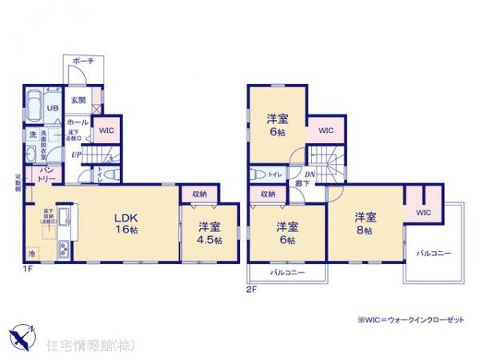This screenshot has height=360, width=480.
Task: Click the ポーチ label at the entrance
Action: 82,61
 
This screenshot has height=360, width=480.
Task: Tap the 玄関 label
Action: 78,100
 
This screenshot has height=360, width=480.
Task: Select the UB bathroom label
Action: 51,109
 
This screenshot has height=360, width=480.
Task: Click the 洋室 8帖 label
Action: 366,222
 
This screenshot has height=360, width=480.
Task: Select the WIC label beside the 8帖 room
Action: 422,212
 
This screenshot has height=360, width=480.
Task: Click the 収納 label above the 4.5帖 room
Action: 199,194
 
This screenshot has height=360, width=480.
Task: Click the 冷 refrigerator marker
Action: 32,254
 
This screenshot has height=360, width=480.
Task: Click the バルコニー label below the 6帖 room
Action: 286,273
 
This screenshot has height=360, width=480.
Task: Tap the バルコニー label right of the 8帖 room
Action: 433,253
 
